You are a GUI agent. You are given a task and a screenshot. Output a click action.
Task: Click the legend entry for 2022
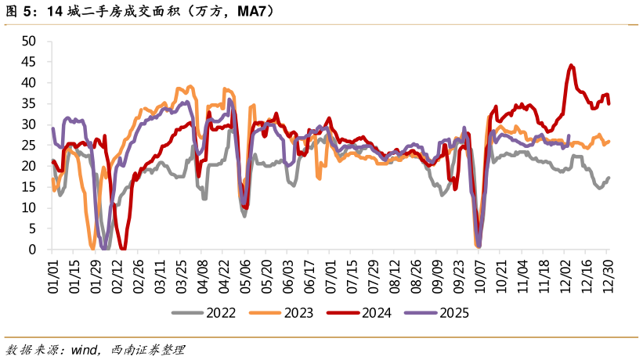204,313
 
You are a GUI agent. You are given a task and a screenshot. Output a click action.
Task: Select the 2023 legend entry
281,313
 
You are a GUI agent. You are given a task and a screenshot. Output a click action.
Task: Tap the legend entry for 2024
359,313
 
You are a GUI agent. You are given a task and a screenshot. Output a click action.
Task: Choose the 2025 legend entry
437,313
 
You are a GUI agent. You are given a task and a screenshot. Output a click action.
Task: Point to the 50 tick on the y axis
29,41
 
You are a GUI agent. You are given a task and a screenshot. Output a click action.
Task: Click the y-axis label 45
29,62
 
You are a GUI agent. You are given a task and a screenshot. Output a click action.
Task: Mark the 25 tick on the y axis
29,146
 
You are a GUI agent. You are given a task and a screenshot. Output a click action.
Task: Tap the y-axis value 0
32,250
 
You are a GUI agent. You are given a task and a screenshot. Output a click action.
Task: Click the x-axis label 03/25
181,276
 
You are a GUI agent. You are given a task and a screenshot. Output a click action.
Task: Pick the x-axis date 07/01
330,276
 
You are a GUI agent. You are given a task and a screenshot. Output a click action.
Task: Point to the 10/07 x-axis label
479,276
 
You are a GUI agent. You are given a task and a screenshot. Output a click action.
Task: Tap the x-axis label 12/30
607,276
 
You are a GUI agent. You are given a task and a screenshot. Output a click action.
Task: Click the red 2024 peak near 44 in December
571,65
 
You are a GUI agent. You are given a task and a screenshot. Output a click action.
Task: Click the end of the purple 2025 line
569,135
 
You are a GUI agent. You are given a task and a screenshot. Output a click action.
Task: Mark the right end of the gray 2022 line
609,178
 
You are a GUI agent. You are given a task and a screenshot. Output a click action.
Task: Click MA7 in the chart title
251,11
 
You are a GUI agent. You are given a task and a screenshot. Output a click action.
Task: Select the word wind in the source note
84,350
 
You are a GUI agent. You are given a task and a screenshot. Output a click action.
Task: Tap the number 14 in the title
55,11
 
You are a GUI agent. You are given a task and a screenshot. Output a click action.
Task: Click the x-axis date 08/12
394,276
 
